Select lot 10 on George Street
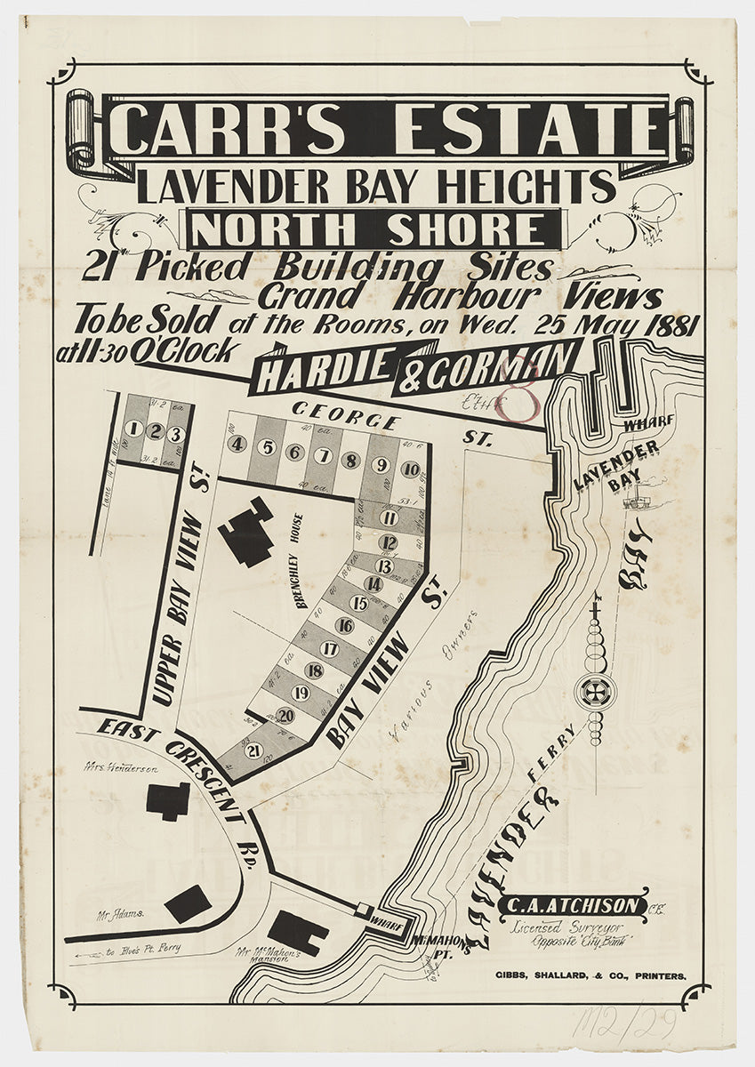point(410,469)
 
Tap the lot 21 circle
point(253,749)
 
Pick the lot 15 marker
point(359,604)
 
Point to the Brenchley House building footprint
point(246,533)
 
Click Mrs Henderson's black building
point(168,801)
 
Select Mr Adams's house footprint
point(188,904)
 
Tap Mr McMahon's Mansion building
point(298,932)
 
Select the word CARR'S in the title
point(229,130)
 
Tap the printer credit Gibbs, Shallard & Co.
point(590,975)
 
